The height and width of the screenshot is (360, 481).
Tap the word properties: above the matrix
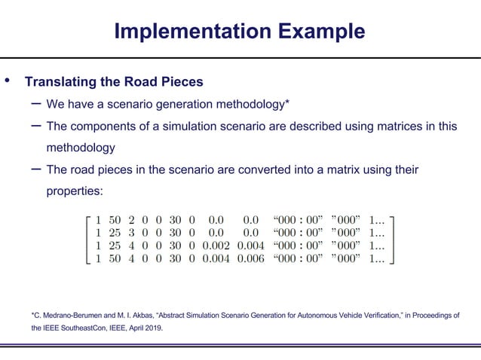pyautogui.click(x=74, y=191)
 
